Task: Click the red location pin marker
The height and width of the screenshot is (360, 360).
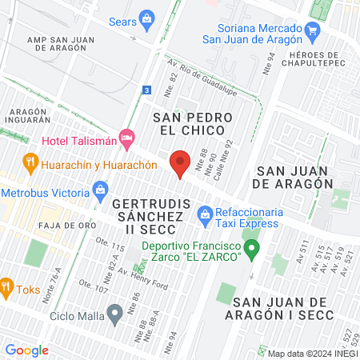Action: (181, 163)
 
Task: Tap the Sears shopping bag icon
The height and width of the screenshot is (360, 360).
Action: (146, 18)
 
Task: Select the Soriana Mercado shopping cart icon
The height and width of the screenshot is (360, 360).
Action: (312, 31)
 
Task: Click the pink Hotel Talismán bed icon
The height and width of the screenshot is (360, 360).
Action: (126, 138)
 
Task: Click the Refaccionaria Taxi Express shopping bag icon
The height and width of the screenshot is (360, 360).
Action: (204, 214)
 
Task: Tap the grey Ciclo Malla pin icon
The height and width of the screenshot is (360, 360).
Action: (116, 314)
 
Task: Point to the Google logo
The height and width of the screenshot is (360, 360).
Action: (26, 350)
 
